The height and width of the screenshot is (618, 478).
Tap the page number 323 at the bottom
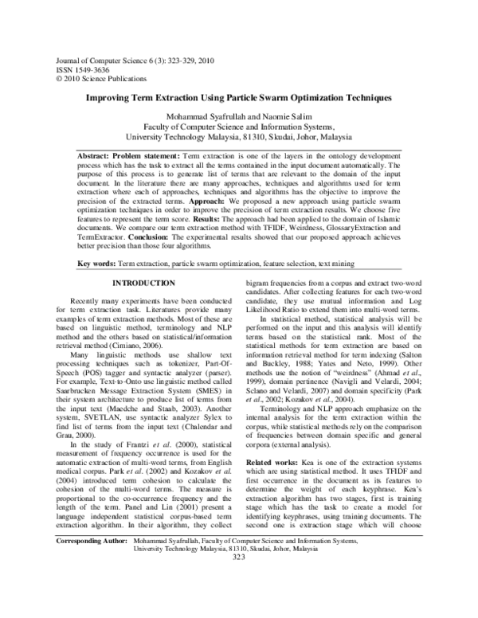[239, 603]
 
